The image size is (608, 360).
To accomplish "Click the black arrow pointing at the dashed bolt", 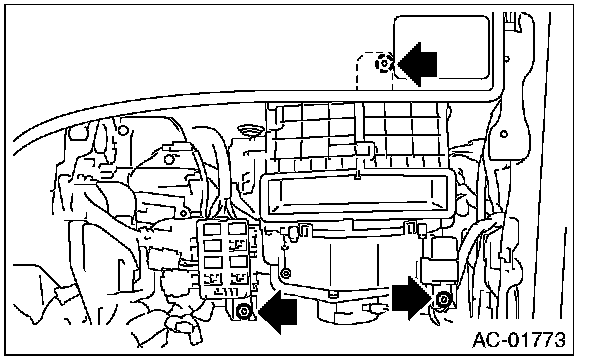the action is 417,64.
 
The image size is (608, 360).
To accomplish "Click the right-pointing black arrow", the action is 412,298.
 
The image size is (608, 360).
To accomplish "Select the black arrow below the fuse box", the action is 278,312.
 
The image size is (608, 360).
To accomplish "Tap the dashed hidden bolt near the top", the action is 384,63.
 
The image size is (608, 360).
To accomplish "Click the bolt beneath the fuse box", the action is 244,311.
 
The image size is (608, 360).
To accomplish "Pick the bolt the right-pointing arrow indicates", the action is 443,299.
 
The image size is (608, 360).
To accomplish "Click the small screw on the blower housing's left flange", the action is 286,273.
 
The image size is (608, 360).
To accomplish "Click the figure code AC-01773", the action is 519,340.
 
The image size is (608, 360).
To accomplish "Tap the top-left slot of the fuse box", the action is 212,229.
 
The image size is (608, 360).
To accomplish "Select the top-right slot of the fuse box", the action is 237,229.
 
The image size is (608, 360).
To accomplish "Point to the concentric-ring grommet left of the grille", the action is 250,131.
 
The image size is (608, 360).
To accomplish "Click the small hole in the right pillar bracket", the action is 504,134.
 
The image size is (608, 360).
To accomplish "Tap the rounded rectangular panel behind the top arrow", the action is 441,47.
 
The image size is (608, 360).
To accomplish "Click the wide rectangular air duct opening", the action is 357,194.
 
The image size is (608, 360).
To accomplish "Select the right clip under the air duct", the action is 416,230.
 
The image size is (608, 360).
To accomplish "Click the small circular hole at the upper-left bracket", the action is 123,130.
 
